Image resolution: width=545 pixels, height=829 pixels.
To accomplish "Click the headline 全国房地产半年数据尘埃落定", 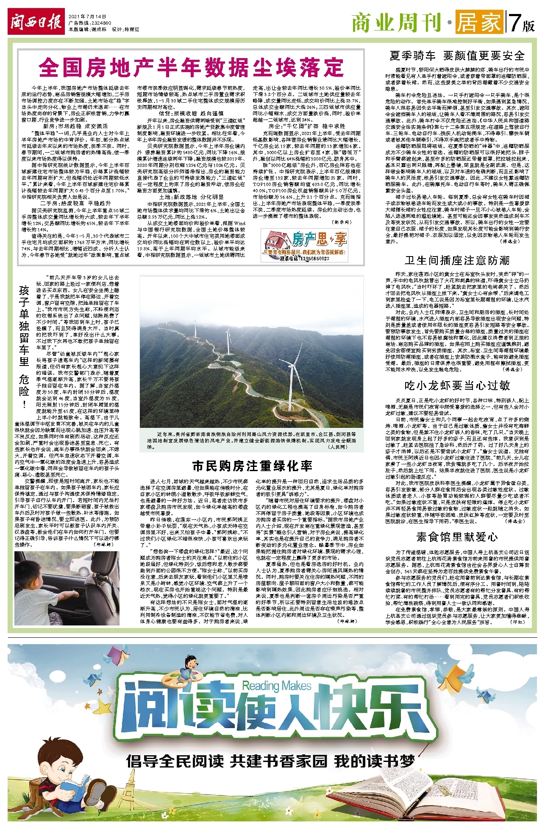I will point(191,67).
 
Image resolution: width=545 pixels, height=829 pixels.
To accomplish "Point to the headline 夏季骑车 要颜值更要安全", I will point(457,56).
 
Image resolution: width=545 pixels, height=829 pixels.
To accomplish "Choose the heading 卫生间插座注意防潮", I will point(457,260).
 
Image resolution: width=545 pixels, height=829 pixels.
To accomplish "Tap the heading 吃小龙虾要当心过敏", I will point(457,385).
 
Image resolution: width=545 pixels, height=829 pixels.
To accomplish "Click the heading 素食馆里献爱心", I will point(457,537).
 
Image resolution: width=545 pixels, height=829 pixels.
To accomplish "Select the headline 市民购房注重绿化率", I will point(252,466).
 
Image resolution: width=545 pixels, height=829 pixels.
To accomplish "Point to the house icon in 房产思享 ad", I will point(276,239).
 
